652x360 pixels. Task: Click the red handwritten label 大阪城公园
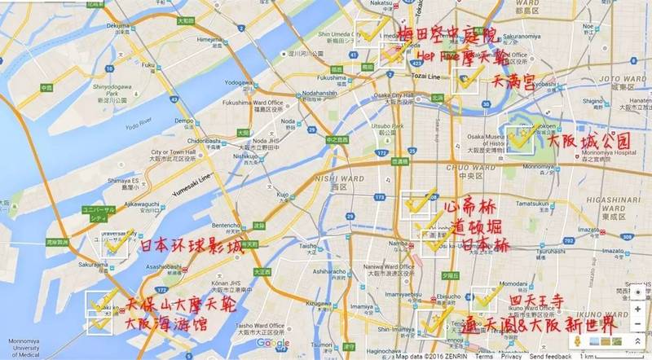590,141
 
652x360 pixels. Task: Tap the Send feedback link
552,356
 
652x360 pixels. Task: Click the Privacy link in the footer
511,356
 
